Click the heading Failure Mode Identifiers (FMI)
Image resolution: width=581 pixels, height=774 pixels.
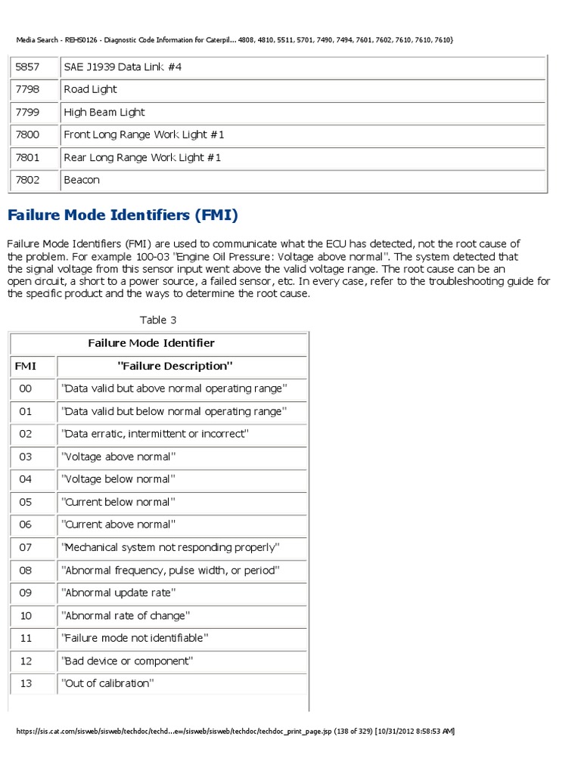(123, 216)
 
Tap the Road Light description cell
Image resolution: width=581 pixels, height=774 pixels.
(91, 90)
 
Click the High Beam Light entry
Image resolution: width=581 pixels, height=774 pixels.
(104, 113)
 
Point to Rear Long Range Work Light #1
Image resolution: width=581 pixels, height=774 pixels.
(144, 158)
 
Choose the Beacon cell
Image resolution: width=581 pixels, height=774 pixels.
(82, 181)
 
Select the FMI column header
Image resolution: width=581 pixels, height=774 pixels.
(26, 366)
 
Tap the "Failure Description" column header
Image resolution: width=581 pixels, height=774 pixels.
(175, 366)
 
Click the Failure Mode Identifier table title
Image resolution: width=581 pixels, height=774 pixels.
(151, 343)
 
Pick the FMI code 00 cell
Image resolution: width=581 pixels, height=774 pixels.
(26, 389)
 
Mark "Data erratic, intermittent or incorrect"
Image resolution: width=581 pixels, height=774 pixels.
(154, 434)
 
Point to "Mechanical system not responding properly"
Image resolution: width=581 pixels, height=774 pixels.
(171, 547)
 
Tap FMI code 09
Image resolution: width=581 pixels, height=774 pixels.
(26, 593)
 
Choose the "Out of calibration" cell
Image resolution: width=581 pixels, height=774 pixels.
(107, 683)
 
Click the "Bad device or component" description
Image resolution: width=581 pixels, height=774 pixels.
(127, 661)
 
